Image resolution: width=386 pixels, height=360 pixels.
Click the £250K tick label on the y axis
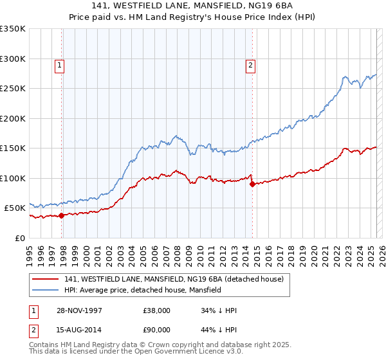(x=12, y=89)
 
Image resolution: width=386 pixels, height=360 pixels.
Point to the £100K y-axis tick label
(x=12, y=178)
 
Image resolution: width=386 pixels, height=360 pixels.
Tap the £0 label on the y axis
(x=20, y=238)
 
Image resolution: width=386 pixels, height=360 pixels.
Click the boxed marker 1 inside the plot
(x=59, y=64)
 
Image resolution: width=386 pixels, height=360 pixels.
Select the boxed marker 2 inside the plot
(x=250, y=64)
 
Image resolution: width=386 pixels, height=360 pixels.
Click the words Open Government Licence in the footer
(x=191, y=353)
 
